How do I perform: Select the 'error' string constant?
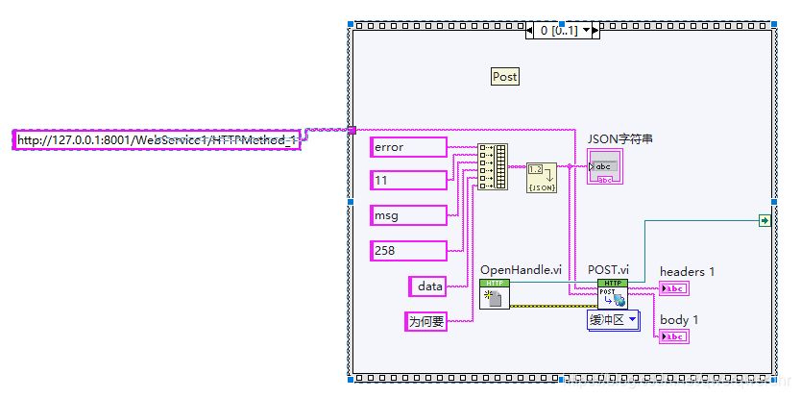tap(408, 147)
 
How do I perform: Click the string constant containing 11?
tap(408, 181)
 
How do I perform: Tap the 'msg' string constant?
tap(408, 216)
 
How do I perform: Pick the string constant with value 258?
tap(408, 251)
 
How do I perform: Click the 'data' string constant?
tap(428, 286)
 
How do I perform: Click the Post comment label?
tap(504, 77)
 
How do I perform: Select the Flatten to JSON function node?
tap(542, 178)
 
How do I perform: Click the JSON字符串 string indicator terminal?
tap(605, 166)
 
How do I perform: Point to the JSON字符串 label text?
tap(620, 139)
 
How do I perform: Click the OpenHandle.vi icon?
tap(495, 295)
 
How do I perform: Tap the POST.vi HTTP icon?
tap(612, 294)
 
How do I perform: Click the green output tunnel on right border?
tap(764, 220)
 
